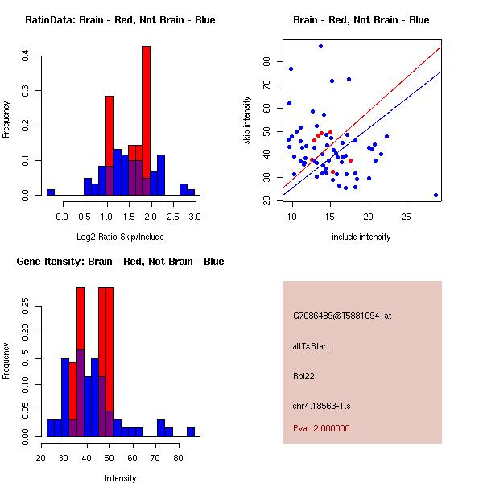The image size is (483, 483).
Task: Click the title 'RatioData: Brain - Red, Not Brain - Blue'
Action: (x=120, y=20)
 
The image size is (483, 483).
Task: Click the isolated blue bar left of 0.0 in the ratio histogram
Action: (x=51, y=192)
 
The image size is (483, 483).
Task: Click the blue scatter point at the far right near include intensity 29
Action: (x=436, y=195)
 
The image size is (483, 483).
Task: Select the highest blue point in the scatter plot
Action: (x=320, y=47)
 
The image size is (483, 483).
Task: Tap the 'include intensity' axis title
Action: (x=361, y=237)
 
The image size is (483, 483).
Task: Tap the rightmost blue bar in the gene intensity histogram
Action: (x=191, y=431)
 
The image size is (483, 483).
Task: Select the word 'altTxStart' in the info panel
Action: (x=312, y=346)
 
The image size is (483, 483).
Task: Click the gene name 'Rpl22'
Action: (x=303, y=376)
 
